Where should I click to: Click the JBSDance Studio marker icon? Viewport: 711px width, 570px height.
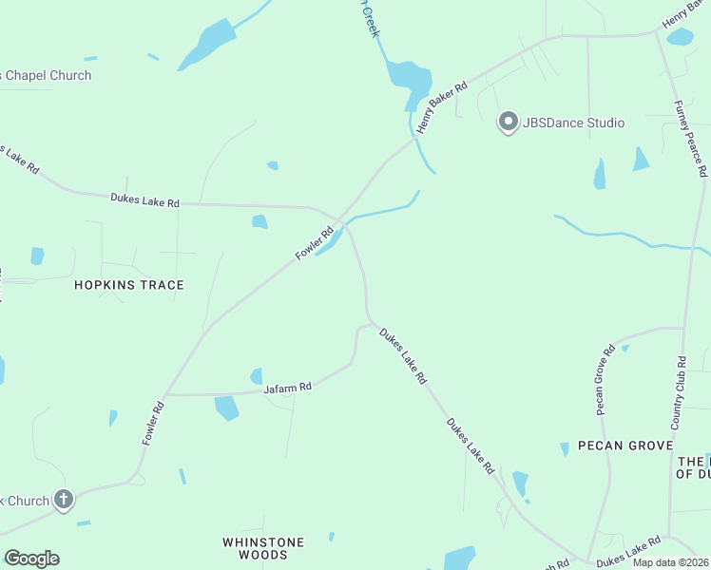[x=509, y=123]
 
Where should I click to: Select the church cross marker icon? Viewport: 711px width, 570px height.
[x=64, y=499]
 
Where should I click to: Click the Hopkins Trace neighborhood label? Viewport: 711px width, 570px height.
[x=129, y=285]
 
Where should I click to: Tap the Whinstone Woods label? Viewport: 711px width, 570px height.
[x=263, y=548]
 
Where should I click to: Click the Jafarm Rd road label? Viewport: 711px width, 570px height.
[x=288, y=388]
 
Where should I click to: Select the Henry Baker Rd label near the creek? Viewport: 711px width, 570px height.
[x=447, y=100]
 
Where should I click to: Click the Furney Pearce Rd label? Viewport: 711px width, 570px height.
[x=690, y=139]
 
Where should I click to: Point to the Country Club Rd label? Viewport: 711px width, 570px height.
[x=679, y=391]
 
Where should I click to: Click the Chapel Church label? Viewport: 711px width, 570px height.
[x=48, y=76]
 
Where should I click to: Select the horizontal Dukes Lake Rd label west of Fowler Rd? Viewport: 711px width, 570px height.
[x=144, y=200]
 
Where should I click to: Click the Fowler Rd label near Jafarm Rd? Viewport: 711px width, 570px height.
[x=153, y=424]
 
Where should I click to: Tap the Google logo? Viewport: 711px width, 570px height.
[x=31, y=559]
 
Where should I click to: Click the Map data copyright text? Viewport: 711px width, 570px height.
[x=669, y=562]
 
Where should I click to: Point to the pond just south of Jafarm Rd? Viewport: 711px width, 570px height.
[x=226, y=408]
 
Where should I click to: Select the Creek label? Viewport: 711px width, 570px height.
[x=371, y=19]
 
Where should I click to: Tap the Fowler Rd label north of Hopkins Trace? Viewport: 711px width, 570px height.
[x=315, y=242]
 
